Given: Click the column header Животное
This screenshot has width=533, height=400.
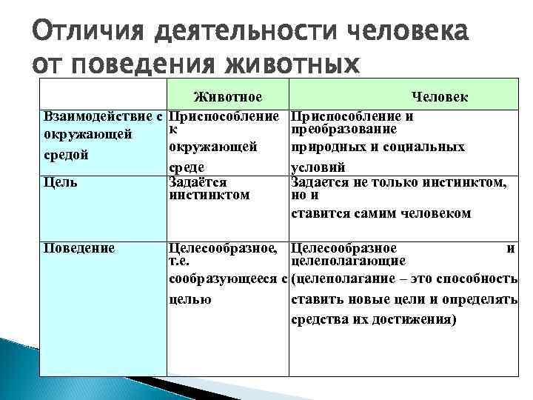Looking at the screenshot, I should [227, 97].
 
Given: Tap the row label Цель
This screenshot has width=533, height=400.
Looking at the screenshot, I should [61, 181].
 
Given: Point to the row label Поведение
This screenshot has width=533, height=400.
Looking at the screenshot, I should [80, 248].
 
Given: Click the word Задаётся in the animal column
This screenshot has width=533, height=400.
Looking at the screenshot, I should [198, 181].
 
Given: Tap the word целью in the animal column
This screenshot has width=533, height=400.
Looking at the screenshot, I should [190, 299].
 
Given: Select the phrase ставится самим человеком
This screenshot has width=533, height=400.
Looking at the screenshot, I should [381, 213].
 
